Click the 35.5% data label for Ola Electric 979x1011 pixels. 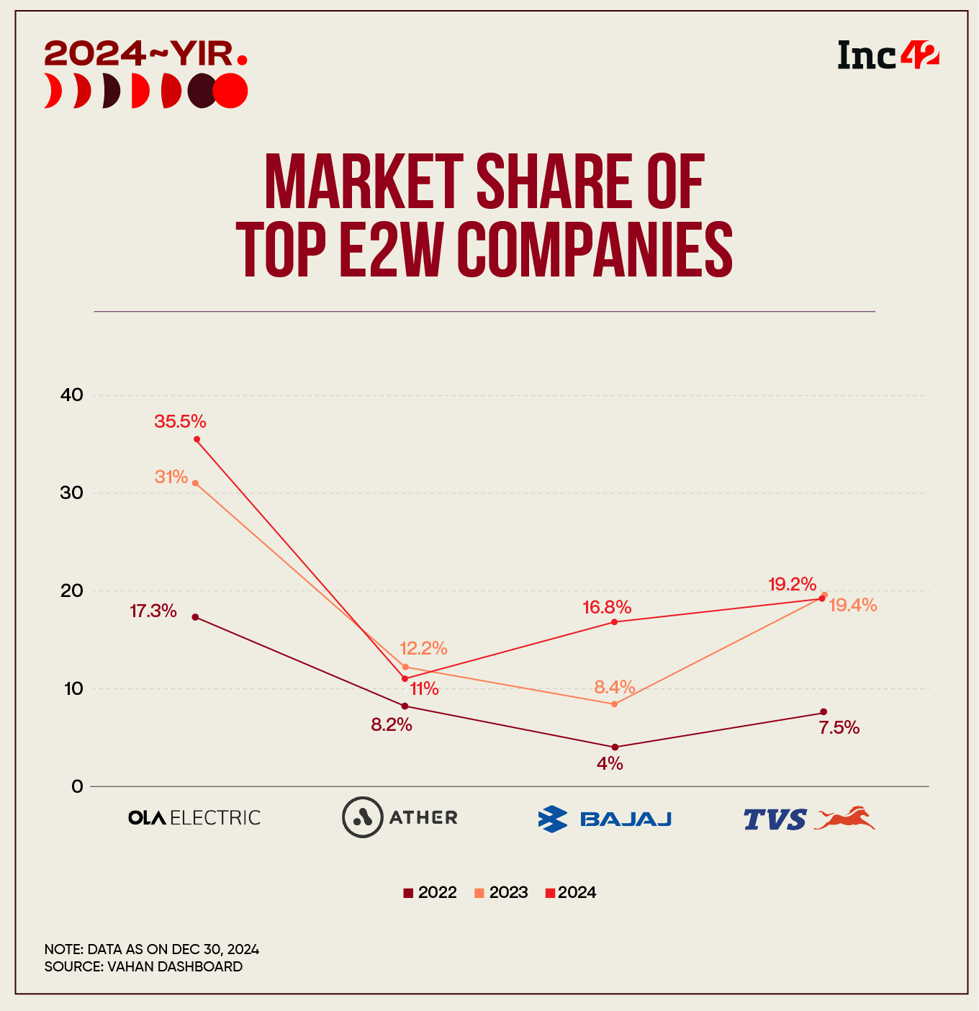(x=180, y=421)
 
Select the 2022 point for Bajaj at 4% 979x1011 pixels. (x=614, y=747)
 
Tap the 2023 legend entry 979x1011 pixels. (x=502, y=893)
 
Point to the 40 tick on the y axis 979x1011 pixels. (x=73, y=395)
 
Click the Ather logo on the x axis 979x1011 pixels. (x=400, y=817)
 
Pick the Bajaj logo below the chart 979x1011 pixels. (x=605, y=819)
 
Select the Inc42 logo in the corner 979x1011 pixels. (x=888, y=55)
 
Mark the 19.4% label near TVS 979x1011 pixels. (x=852, y=606)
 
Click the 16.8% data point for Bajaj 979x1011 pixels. (x=614, y=621)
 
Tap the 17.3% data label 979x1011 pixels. (x=153, y=611)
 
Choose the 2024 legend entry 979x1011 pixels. (x=571, y=893)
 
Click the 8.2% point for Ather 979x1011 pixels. (x=405, y=706)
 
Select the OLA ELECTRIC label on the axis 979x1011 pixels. (x=194, y=818)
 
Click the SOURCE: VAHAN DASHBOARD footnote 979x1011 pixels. (x=143, y=966)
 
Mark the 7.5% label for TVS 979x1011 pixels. (x=839, y=728)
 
